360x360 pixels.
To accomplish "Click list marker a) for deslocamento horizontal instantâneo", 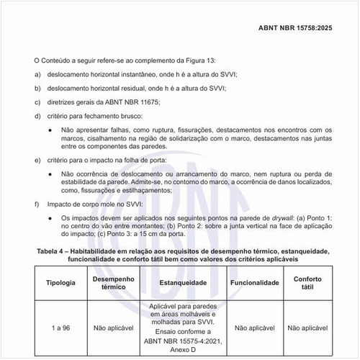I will click(x=37, y=75).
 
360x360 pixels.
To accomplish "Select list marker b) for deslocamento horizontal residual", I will click(x=37, y=89).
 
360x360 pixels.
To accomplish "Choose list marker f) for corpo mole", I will click(x=37, y=204).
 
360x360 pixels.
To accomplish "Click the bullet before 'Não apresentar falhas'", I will click(x=50, y=130).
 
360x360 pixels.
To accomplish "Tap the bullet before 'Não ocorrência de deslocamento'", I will click(x=50, y=174).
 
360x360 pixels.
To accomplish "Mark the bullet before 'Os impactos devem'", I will click(x=50, y=217).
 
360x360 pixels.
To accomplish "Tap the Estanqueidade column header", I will click(x=184, y=283).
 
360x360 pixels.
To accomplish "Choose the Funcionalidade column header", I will click(x=255, y=283).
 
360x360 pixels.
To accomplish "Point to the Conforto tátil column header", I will click(x=313, y=283).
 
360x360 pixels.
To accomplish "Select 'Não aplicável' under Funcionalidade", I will click(x=255, y=328).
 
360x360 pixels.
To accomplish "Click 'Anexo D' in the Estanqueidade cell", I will click(x=184, y=351).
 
